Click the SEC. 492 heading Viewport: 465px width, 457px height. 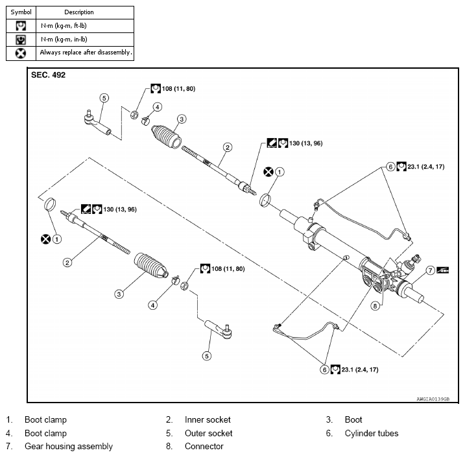click(x=48, y=75)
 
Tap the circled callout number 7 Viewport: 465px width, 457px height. click(x=429, y=270)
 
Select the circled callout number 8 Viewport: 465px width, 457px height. click(x=375, y=305)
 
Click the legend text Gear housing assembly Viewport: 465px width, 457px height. click(x=68, y=446)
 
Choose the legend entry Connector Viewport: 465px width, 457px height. click(x=204, y=446)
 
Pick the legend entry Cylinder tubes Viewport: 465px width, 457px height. click(x=371, y=433)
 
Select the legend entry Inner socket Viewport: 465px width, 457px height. click(x=208, y=419)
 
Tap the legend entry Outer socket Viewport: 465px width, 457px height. click(x=208, y=433)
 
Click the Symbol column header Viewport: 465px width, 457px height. click(x=21, y=12)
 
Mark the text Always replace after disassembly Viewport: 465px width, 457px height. click(x=86, y=53)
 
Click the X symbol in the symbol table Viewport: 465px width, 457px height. click(x=21, y=53)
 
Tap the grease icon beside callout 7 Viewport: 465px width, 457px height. click(x=442, y=270)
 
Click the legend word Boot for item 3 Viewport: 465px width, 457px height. click(x=353, y=419)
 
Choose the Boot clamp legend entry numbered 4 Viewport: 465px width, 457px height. click(x=45, y=433)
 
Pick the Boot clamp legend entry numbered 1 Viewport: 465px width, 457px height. click(x=45, y=419)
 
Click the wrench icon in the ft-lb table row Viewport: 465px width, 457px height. click(x=21, y=26)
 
